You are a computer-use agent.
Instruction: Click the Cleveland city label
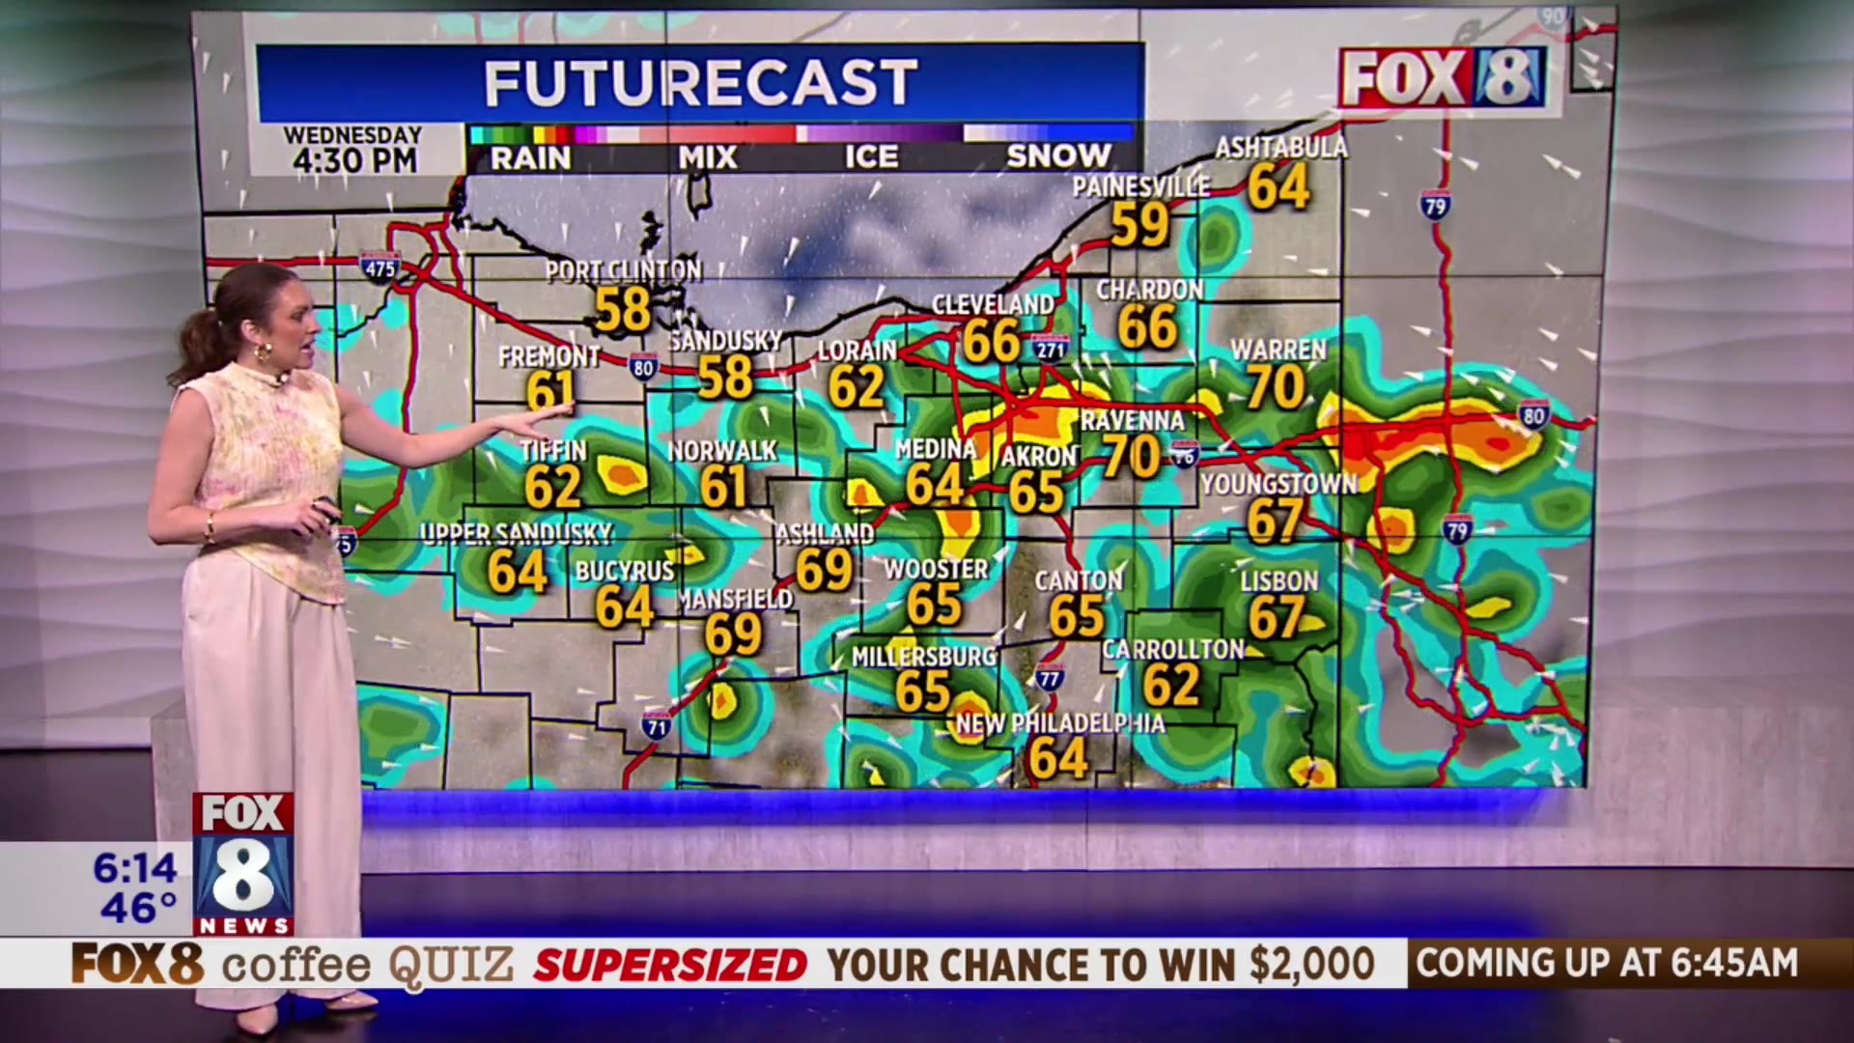[x=993, y=304]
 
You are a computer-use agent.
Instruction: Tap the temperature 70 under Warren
[x=1276, y=388]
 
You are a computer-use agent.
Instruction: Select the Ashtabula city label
[x=1280, y=148]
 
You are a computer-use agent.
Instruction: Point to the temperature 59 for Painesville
[x=1139, y=225]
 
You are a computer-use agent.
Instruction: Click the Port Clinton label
[x=623, y=271]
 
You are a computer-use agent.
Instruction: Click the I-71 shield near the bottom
[x=657, y=724]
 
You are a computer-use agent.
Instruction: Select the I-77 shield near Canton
[x=1049, y=677]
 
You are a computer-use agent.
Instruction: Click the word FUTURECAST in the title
[x=700, y=83]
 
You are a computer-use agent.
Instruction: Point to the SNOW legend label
[x=1058, y=156]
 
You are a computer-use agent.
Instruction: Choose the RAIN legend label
[x=530, y=157]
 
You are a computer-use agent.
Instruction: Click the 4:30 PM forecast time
[x=354, y=160]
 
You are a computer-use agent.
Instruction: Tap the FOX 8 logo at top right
[x=1442, y=77]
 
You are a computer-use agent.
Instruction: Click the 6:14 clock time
[x=135, y=868]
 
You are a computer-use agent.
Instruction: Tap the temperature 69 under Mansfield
[x=733, y=634]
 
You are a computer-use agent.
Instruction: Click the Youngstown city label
[x=1278, y=484]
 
